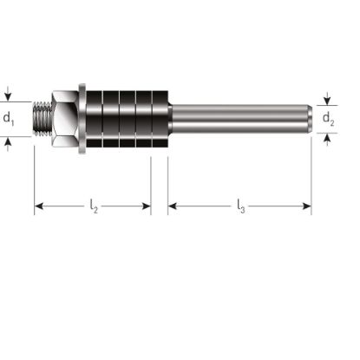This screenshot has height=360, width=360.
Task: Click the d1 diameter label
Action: (x=10, y=118)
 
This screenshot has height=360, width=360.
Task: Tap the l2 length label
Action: (x=94, y=206)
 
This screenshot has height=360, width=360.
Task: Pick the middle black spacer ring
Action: (x=127, y=118)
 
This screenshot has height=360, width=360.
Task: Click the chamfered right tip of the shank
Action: (x=308, y=118)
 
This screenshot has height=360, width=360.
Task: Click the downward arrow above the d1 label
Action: (x=10, y=94)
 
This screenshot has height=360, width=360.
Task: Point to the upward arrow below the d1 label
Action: (x=10, y=142)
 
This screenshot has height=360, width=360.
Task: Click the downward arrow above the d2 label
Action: (x=328, y=99)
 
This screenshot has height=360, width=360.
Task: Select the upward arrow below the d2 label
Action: (x=328, y=137)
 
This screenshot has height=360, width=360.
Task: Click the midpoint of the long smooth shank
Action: (x=239, y=118)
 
